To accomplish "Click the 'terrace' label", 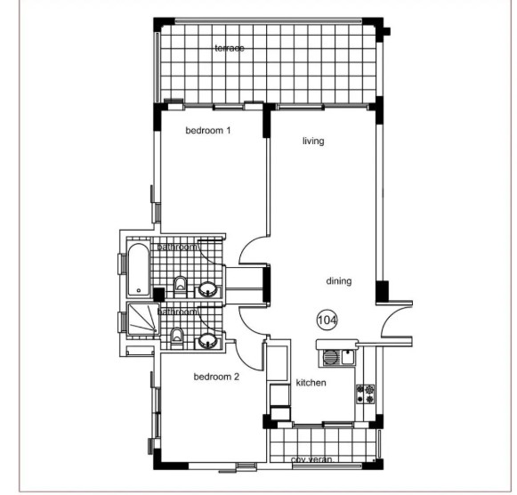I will (229, 48).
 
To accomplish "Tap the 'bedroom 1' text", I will (207, 131).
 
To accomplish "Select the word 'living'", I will (312, 141).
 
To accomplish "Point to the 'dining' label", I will (338, 281).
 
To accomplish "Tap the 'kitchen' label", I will (311, 383).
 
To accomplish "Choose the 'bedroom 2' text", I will (216, 377).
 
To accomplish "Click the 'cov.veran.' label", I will (311, 460).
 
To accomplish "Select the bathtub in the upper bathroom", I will (139, 272).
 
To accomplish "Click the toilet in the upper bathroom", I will (180, 285).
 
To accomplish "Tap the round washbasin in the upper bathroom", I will (208, 288).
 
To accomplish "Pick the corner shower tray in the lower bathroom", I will (141, 321).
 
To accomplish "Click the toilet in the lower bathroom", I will (177, 336).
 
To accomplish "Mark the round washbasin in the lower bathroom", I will (208, 339).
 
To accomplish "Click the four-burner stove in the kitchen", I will (365, 394).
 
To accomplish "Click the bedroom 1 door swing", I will (251, 250).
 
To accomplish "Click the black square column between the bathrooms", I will (158, 294).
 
